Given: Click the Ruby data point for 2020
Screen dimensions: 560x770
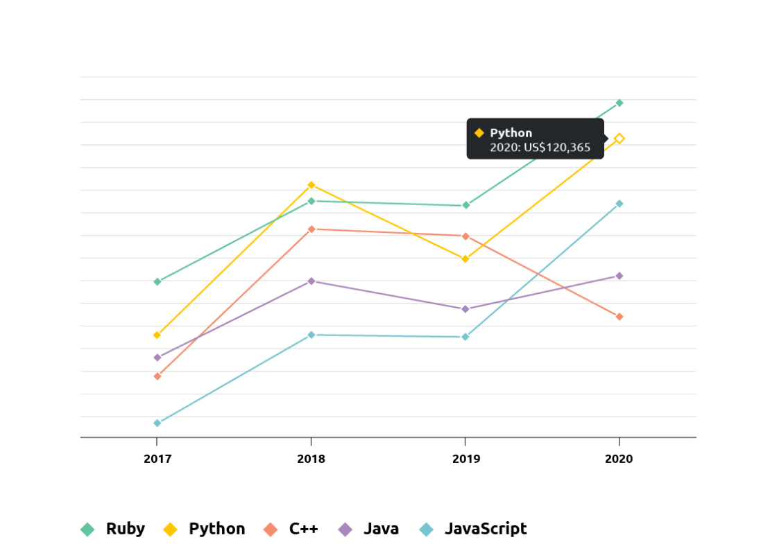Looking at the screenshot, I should coord(619,103).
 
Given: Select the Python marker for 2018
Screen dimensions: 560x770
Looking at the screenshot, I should coord(311,185).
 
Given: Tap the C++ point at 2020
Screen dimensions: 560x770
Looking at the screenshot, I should coord(619,317).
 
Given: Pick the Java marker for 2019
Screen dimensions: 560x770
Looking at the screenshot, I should coord(465,309).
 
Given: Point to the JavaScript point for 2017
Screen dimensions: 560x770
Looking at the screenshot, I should coord(157,423).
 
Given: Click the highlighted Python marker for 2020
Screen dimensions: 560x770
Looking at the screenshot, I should coord(619,139).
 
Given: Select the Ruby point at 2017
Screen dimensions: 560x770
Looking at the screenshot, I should coord(157,281).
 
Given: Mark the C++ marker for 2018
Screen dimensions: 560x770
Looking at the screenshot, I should coord(311,229).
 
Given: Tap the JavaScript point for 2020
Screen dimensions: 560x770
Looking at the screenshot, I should coord(619,204).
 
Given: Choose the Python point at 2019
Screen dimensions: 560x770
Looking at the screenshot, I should coord(465,259).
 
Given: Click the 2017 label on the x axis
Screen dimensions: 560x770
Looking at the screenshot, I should coord(157,459).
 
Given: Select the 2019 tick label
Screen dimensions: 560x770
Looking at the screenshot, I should coord(465,459).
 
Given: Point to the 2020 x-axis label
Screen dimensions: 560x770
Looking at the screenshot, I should coord(619,459).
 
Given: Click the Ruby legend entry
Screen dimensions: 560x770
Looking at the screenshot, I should coord(125,529).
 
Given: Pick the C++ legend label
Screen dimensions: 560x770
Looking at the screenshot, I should coord(303,529).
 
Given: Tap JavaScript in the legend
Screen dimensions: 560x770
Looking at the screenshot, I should coord(485,529).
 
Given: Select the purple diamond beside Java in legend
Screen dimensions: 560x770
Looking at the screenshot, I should coord(345,530).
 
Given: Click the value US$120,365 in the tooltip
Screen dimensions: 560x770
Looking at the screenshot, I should coord(557,147).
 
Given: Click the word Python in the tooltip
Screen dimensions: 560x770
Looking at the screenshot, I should coord(511,133).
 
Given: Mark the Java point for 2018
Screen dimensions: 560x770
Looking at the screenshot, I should coord(311,281).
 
